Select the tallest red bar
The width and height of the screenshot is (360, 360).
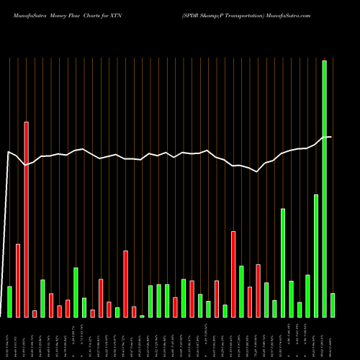tap(26, 220)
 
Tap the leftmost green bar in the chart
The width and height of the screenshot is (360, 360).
tap(9, 302)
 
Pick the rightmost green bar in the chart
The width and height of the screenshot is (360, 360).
tap(333, 305)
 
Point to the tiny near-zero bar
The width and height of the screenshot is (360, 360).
tap(142, 316)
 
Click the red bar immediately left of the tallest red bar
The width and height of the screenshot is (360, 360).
tap(18, 281)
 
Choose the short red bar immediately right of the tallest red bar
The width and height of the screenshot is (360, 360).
tap(35, 313)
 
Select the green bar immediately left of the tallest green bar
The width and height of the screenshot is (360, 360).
tap(316, 256)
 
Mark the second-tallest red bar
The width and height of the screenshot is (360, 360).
tap(233, 274)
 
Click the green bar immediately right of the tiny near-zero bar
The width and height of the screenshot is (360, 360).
tap(150, 301)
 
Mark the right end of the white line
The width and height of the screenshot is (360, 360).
tap(331, 137)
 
